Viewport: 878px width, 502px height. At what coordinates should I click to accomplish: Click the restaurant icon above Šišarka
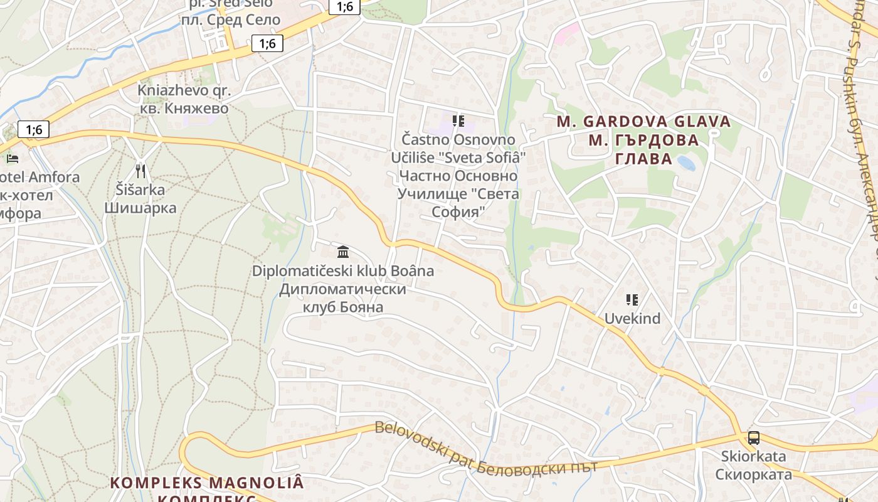click(x=140, y=171)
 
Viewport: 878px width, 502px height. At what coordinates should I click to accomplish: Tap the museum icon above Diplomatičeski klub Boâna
click(x=343, y=252)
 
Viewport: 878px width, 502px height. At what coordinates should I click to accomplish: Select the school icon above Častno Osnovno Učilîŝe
click(x=458, y=120)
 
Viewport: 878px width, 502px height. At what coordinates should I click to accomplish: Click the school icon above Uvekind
click(x=632, y=300)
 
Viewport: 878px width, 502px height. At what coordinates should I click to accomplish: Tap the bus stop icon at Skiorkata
click(x=754, y=438)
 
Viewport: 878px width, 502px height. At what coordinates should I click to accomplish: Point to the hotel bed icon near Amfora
click(x=12, y=158)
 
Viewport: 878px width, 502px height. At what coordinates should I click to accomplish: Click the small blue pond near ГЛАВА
click(x=685, y=163)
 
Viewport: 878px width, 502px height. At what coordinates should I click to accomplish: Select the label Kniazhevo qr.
click(x=184, y=90)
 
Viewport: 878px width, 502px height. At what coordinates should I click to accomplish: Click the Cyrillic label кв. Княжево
click(x=183, y=108)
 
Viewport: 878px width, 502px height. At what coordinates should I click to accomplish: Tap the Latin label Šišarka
click(x=140, y=190)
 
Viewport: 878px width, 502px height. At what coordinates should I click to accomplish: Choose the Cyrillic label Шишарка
click(x=140, y=208)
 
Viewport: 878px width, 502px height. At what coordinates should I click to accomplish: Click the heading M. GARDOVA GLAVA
click(x=643, y=122)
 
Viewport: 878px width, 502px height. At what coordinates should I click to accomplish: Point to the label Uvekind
click(x=632, y=319)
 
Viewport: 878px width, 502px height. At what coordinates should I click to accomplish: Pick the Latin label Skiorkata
click(x=753, y=456)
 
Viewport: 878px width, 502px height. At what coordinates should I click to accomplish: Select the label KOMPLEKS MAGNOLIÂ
click(x=207, y=483)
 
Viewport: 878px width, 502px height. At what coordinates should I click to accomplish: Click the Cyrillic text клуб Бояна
click(x=342, y=307)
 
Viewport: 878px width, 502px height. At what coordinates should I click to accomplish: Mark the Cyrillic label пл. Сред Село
click(x=230, y=19)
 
